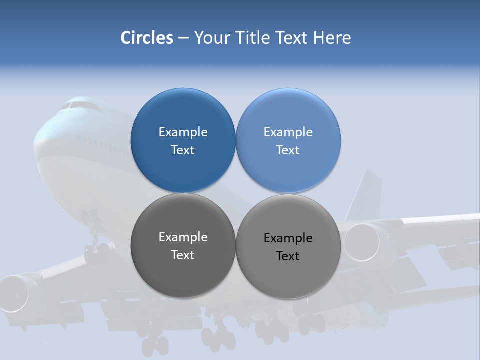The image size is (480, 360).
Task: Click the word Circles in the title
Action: [147, 38]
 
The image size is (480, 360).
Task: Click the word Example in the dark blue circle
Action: [183, 132]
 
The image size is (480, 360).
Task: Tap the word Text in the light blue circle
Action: [288, 150]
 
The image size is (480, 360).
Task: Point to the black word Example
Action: [288, 238]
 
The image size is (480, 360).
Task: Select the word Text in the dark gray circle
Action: [183, 255]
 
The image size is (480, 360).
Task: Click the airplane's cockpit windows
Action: [80, 105]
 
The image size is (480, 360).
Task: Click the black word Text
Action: [288, 256]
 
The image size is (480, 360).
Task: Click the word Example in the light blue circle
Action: [288, 132]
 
